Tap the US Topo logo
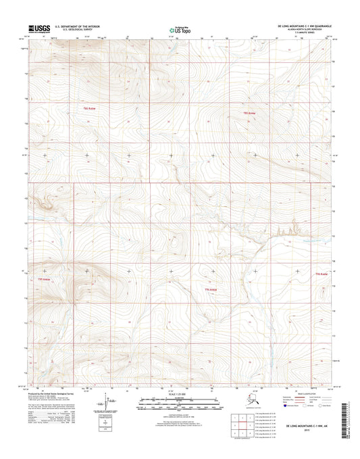(179, 28)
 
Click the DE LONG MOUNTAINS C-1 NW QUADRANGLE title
(309, 23)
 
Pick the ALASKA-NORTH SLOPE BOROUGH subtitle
(309, 26)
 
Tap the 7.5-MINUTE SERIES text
(309, 30)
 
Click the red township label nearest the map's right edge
(321, 274)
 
